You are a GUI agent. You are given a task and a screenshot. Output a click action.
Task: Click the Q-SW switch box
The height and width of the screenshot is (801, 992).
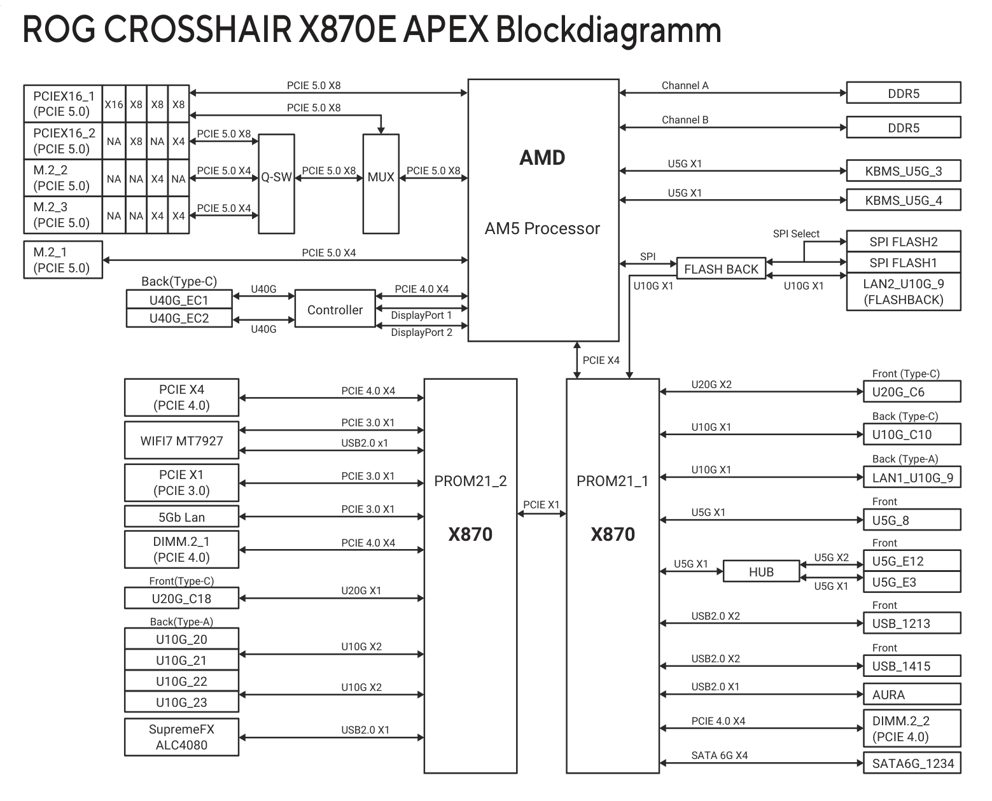(276, 184)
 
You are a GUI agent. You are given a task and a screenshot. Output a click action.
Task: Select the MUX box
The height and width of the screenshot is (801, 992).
(381, 184)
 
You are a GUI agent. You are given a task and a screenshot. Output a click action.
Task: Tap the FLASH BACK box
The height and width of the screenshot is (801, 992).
(721, 269)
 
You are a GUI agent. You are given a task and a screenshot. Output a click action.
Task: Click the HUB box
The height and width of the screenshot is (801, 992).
(761, 571)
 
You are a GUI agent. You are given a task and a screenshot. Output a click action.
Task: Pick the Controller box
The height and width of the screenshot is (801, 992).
(335, 310)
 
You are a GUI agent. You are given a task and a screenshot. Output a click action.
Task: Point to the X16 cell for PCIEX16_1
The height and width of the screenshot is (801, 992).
(114, 104)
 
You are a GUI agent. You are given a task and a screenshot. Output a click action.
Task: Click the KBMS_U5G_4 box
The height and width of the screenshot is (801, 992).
(903, 200)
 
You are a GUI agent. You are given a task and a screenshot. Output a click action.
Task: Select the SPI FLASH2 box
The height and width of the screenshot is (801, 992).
(903, 242)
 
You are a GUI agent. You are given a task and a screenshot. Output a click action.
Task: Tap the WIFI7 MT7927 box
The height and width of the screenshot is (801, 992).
(181, 440)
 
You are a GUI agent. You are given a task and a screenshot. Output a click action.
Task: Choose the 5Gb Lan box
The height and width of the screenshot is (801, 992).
(181, 517)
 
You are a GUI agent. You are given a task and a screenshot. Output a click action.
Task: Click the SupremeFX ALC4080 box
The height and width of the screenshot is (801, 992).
(181, 737)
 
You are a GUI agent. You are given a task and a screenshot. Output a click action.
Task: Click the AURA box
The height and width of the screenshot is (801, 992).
(911, 694)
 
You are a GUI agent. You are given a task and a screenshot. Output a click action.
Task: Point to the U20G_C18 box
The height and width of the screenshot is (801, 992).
(181, 598)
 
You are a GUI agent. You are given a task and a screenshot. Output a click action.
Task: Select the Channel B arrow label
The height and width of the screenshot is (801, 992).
(685, 120)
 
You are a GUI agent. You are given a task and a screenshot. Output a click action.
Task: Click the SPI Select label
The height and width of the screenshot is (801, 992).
(796, 233)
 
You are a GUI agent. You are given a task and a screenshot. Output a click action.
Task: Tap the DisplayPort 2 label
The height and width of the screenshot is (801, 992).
(421, 332)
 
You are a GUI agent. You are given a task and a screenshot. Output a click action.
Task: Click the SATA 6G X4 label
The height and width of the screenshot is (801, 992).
(719, 755)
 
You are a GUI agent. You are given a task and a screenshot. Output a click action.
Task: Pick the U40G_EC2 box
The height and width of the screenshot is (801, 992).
(179, 318)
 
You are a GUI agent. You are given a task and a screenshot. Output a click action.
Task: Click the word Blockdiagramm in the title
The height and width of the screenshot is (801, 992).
(608, 30)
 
